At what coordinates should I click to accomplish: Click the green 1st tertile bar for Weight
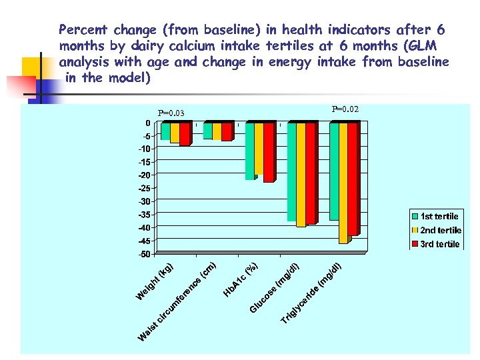coord(165,131)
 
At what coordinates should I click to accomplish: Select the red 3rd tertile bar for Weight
coord(184,134)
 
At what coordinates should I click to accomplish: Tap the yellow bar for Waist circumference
coord(217,131)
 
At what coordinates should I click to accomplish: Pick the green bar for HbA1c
coord(249,151)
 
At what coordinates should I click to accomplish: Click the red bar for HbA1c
coord(268,153)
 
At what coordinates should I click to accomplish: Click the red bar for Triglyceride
coord(353,179)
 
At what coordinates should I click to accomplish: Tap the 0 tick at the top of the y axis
coord(147,123)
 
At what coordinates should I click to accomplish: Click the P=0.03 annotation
coord(171,113)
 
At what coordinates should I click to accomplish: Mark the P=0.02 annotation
coord(345,109)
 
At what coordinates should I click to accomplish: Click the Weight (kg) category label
coord(155,282)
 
